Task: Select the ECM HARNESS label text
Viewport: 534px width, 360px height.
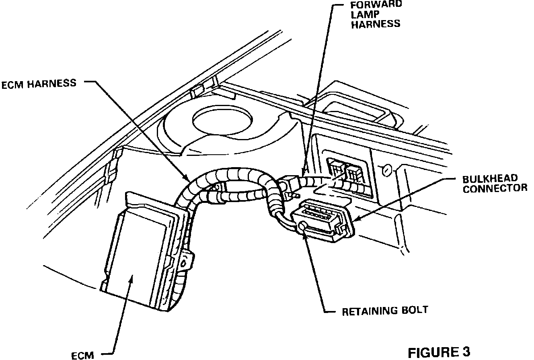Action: tap(39, 84)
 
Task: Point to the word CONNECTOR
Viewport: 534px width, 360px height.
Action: tap(495, 188)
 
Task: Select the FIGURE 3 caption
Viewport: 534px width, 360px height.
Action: tap(439, 352)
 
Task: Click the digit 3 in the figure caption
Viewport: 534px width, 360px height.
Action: tap(465, 352)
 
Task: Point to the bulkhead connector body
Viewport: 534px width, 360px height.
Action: tap(322, 221)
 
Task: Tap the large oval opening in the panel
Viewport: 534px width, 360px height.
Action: tap(222, 119)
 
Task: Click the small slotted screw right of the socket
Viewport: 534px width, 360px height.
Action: tap(386, 171)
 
